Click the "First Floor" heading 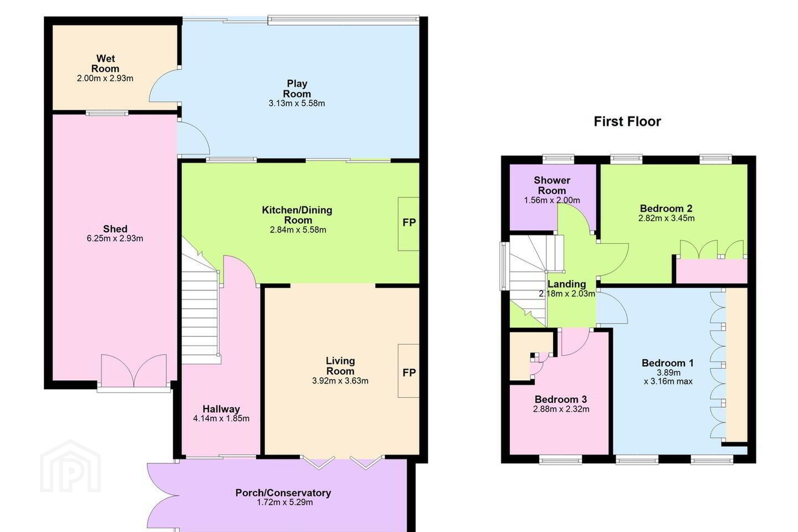pos(627,121)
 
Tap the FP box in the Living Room pos(408,371)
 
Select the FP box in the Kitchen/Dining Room pos(408,224)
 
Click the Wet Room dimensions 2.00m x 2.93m pos(105,78)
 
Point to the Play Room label pos(297,89)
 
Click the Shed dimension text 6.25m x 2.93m pos(115,238)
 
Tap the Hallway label pos(221,409)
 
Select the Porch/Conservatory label pos(283,493)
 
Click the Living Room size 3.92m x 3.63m pos(340,381)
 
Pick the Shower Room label pos(552,185)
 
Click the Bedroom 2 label pos(666,208)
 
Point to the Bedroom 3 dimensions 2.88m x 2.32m pos(561,409)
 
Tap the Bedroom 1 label pos(668,363)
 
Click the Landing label pos(566,284)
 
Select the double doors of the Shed pos(134,371)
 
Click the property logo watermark pos(70,467)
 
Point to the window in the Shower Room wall pos(558,159)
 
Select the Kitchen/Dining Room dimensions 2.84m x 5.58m pos(298,230)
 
